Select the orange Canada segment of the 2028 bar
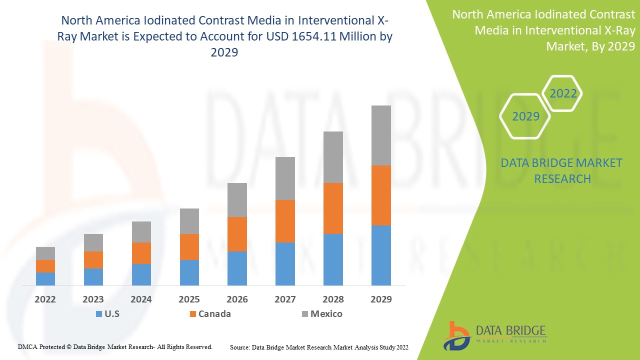[333, 208]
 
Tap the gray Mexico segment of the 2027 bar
[285, 178]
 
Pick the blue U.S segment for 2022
[45, 278]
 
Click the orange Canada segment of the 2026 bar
[237, 234]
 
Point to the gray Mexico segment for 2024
[141, 232]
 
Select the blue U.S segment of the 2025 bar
[189, 272]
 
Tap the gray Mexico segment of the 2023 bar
[93, 242]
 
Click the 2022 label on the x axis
[45, 299]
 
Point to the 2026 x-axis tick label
[237, 299]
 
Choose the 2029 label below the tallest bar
[381, 299]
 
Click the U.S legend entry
[107, 314]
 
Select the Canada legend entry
[209, 314]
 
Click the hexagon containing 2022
[562, 93]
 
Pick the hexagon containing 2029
[525, 116]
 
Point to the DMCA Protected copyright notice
[115, 346]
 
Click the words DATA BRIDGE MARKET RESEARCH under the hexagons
[561, 170]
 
